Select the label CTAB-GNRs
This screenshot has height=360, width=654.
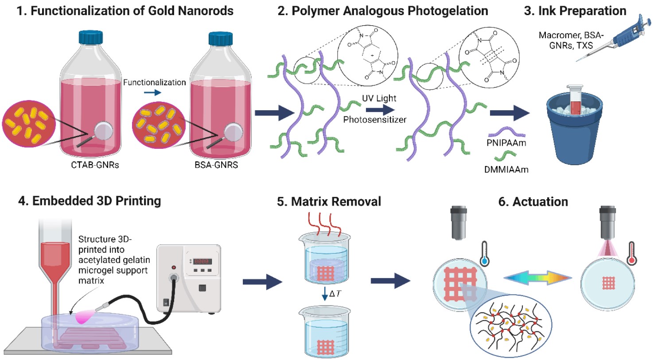coord(95,165)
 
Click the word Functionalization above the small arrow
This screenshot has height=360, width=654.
coord(154,82)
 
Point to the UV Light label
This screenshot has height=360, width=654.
coord(379,98)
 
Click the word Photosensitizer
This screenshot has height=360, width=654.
coord(374,120)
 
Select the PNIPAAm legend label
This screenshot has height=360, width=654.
coord(506,143)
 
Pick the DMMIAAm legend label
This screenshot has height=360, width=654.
coord(506,170)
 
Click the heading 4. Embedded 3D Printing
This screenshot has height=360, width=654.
coord(90,201)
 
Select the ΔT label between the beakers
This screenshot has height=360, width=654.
coord(335,294)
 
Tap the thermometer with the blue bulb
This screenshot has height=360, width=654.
coord(484,253)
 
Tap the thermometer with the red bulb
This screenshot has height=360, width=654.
coord(631,253)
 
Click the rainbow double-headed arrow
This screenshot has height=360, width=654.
coord(537,278)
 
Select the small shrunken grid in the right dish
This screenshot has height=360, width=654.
coord(609,283)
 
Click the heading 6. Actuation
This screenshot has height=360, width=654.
coord(533,202)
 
